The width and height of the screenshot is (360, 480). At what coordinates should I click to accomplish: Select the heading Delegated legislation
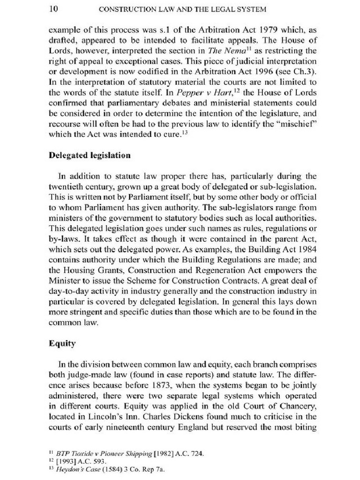(90, 155)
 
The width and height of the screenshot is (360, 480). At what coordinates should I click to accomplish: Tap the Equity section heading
(62, 343)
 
